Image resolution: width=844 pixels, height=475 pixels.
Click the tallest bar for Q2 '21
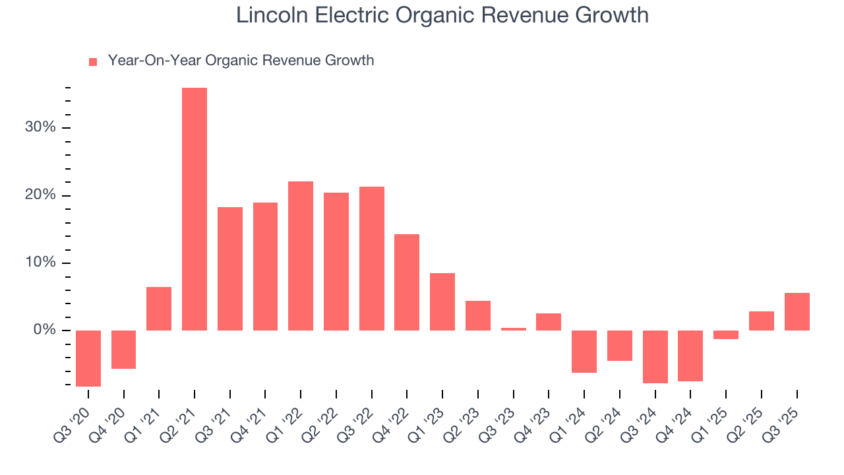[195, 208]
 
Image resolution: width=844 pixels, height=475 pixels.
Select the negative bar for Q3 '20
[88, 358]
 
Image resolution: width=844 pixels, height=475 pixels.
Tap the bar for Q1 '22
[301, 256]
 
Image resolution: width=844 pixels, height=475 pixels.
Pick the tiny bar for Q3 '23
[513, 329]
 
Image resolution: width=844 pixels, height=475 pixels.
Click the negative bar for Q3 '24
[655, 356]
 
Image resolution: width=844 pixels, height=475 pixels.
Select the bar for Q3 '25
[797, 311]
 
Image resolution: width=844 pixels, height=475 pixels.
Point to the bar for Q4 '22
[407, 282]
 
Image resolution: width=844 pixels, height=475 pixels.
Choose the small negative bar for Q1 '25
[726, 334]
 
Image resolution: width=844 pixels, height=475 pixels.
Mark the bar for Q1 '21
[159, 309]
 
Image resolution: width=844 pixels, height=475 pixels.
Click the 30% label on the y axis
[40, 127]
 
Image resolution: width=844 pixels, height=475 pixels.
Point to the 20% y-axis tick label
[40, 195]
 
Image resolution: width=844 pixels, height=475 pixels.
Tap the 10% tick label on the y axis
[40, 263]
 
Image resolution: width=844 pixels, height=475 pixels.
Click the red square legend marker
[93, 62]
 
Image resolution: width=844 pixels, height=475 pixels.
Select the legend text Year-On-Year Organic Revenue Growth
[241, 61]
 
